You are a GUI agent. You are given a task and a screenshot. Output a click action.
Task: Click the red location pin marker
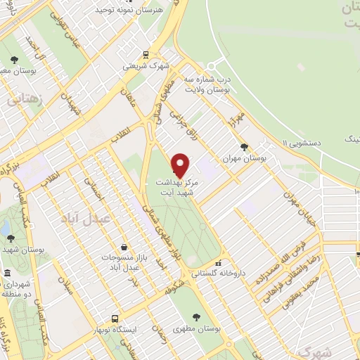coord(181,165)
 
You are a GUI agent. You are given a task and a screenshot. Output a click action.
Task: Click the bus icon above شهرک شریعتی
coord(146,54)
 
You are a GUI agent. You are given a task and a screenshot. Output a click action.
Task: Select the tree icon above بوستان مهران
coord(243,147)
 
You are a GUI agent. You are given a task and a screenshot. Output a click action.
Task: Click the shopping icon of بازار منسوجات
coord(124,247)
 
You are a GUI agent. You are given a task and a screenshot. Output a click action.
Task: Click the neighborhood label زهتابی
coord(25,98)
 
